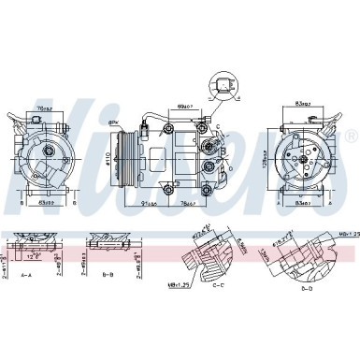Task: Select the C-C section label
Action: coord(219,286)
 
